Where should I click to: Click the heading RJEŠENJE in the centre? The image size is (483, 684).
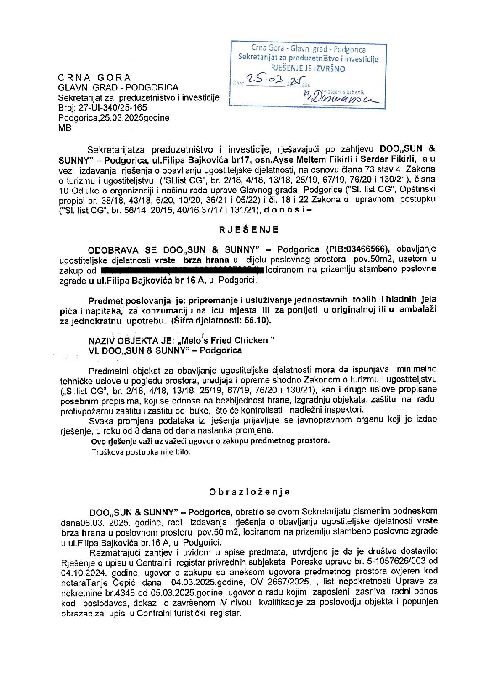click(249, 229)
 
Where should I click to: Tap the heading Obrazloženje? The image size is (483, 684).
click(249, 492)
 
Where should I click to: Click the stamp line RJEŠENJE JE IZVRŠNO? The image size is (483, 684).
click(308, 69)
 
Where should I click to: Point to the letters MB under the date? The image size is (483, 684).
click(64, 128)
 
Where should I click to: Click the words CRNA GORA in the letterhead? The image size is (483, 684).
click(94, 78)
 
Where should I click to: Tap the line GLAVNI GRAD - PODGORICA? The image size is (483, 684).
click(118, 88)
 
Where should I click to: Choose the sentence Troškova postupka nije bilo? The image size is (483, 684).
click(141, 452)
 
